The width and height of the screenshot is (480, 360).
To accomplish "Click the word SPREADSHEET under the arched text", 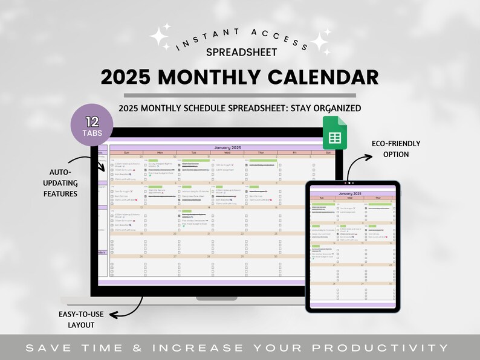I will [x=242, y=52].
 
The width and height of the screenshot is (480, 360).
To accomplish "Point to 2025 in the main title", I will [x=128, y=77].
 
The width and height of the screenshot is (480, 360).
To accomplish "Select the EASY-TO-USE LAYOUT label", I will [x=77, y=320].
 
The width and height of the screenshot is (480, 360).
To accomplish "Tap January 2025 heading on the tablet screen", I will [x=354, y=193].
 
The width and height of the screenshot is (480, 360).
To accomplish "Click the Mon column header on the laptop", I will [x=160, y=153].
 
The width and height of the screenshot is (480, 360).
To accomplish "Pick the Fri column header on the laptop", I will [x=294, y=153].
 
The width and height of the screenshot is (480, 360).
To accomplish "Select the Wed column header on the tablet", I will [x=351, y=198].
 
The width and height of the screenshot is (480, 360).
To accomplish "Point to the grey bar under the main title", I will [x=240, y=95].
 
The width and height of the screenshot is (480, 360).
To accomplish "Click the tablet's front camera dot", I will [x=348, y=182].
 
